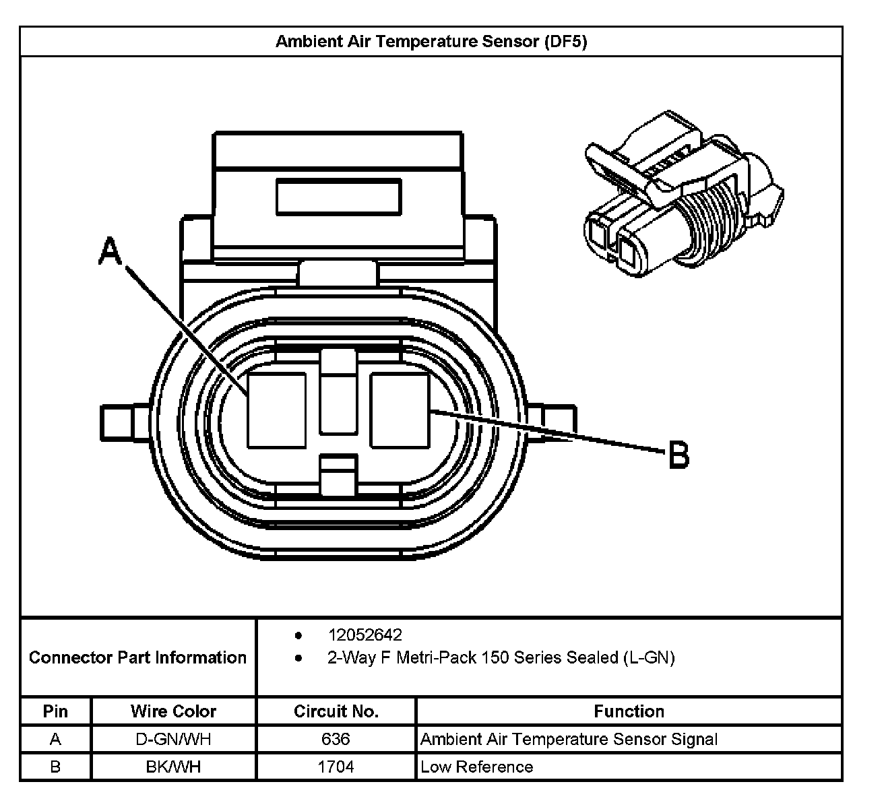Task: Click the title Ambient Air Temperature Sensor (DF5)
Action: point(431,42)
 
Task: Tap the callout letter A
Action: point(110,251)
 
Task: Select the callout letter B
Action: point(678,455)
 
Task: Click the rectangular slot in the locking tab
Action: point(338,197)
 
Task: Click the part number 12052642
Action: point(365,635)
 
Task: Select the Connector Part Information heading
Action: point(137,657)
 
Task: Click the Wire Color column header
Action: point(173,711)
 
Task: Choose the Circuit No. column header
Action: point(336,711)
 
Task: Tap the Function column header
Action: point(629,711)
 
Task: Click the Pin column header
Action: point(55,711)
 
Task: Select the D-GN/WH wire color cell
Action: point(173,739)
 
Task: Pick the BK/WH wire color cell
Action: point(173,767)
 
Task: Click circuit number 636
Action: point(336,739)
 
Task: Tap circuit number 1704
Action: point(336,767)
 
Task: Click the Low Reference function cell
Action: point(476,767)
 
